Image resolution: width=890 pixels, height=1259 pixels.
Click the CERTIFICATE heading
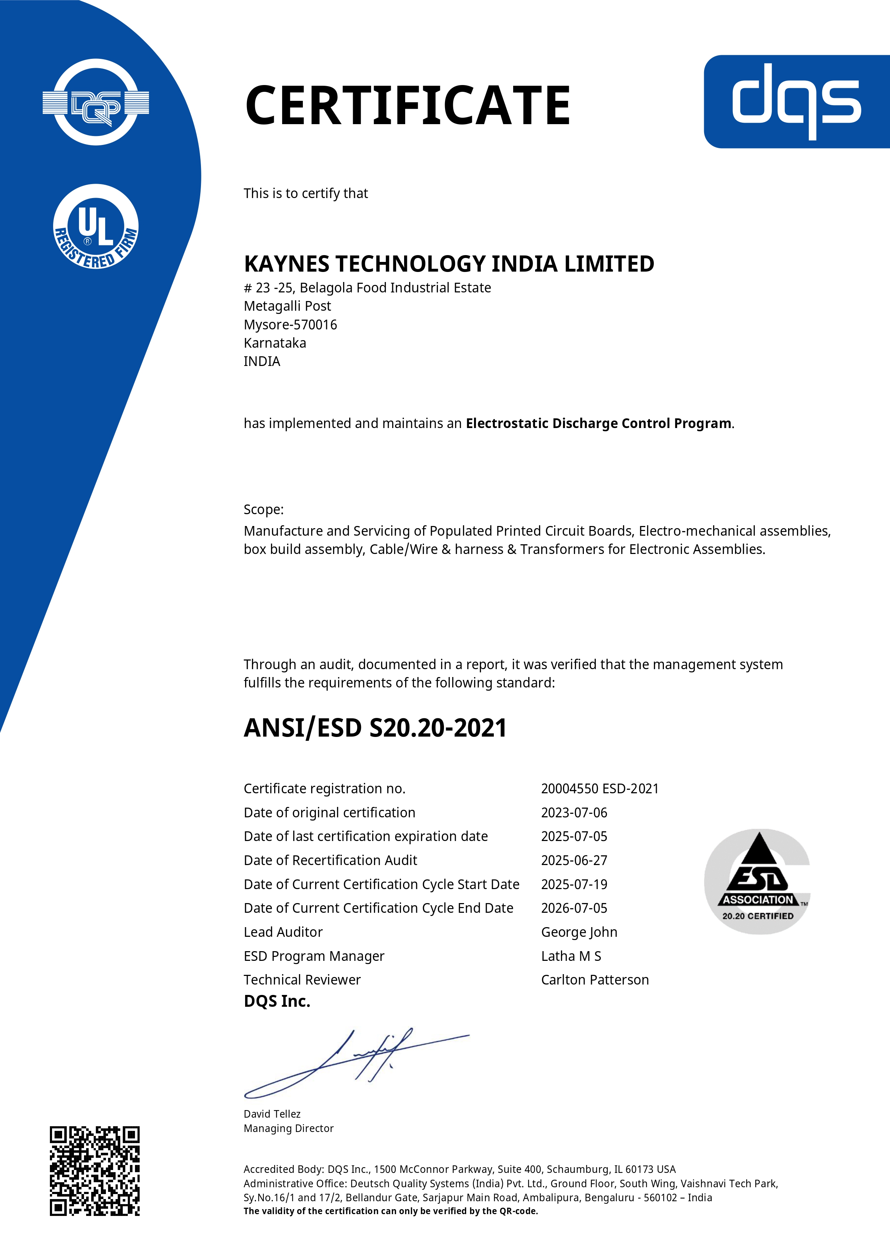[x=407, y=105]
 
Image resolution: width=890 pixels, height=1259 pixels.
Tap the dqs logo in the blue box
[x=796, y=102]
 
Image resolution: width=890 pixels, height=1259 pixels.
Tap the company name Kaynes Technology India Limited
[x=449, y=264]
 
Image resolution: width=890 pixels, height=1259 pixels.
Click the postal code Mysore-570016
[x=290, y=325]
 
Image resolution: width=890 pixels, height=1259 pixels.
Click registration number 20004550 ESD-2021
[x=599, y=789]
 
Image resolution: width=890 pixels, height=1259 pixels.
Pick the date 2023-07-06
[x=574, y=813]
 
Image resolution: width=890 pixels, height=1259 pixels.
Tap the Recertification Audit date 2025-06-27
[x=574, y=860]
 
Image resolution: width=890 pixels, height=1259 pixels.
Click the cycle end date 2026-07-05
[x=574, y=908]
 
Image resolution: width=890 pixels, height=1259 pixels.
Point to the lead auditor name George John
[x=579, y=932]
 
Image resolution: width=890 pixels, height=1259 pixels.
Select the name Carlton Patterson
[x=594, y=980]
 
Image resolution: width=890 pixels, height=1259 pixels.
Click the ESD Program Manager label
[x=314, y=956]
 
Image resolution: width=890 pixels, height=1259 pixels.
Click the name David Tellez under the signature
[x=272, y=1114]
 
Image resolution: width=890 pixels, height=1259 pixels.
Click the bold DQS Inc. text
[x=277, y=1001]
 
